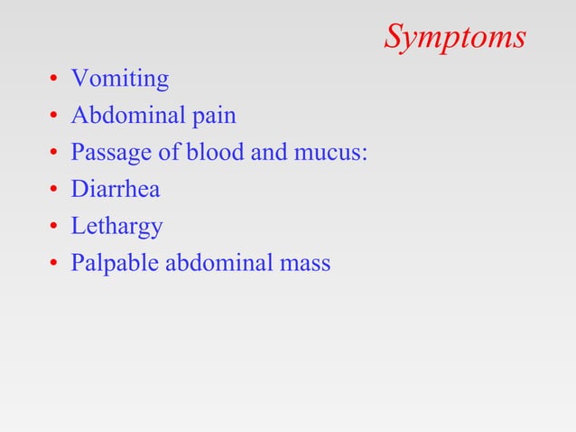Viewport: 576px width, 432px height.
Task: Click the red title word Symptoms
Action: pos(455,38)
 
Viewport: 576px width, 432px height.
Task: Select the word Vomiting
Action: pos(120,80)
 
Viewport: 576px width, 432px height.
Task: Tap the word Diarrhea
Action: pos(116,190)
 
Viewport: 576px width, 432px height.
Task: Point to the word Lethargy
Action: pos(117,227)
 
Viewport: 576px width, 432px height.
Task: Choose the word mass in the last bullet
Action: pos(305,264)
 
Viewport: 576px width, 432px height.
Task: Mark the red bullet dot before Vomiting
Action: pos(54,81)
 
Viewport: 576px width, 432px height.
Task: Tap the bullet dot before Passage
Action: pos(54,155)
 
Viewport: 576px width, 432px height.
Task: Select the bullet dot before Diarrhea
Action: pos(54,192)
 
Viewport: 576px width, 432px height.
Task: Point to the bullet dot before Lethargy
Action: pos(54,228)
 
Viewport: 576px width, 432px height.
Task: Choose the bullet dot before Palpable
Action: pos(54,265)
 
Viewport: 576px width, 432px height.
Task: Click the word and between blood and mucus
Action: pos(268,153)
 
